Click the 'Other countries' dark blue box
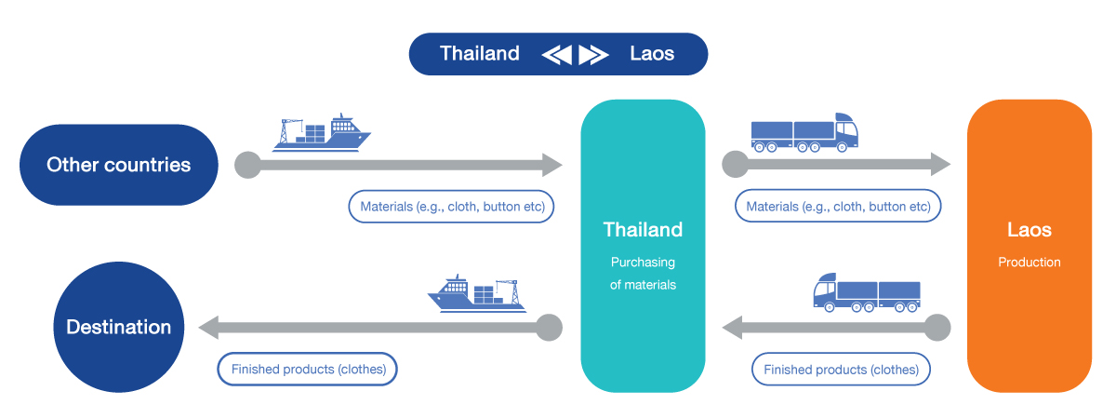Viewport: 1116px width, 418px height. tap(118, 165)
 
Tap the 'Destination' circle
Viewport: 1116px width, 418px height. tap(118, 327)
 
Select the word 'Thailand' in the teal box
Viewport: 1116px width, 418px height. tap(643, 230)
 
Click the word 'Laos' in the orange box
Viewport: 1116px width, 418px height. tap(1029, 230)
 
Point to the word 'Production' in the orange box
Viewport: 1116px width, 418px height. tap(1029, 263)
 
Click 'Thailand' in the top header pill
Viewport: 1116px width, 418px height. tap(480, 54)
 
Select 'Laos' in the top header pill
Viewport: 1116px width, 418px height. tap(651, 54)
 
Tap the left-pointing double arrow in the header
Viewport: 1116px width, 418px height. tap(556, 55)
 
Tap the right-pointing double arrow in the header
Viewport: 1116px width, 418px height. tap(592, 55)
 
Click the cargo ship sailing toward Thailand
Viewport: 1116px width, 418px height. tap(321, 132)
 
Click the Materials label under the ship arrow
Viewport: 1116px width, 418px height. tap(451, 207)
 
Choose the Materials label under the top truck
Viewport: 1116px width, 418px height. tap(838, 207)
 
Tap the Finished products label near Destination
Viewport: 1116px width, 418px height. tap(308, 369)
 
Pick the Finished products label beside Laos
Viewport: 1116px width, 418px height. tap(841, 370)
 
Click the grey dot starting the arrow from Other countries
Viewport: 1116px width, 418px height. tap(247, 165)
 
